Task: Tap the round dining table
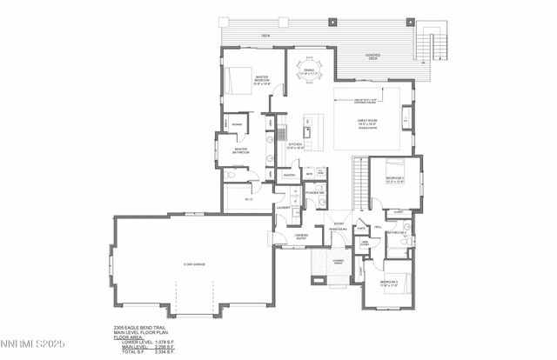[307, 68]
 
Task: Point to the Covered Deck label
[372, 56]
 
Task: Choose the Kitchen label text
[293, 144]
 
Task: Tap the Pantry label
[289, 175]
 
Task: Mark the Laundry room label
[283, 208]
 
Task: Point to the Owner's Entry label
[301, 235]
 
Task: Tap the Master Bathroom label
[241, 151]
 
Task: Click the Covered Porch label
[338, 261]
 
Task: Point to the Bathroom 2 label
[398, 234]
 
